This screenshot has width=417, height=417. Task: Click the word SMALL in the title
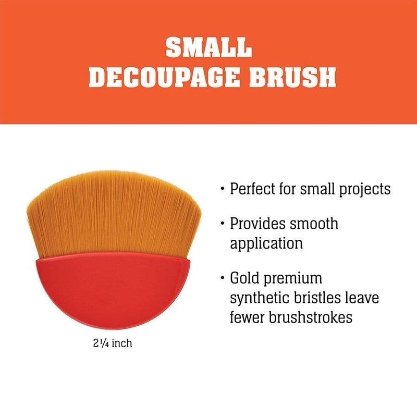point(208,47)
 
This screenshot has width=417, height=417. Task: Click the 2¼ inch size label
point(110,344)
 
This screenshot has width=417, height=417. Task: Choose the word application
point(266,243)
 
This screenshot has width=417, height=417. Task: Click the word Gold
point(246,278)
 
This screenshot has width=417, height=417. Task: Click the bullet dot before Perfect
point(223,189)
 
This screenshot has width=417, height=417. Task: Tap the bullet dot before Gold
point(223,278)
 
